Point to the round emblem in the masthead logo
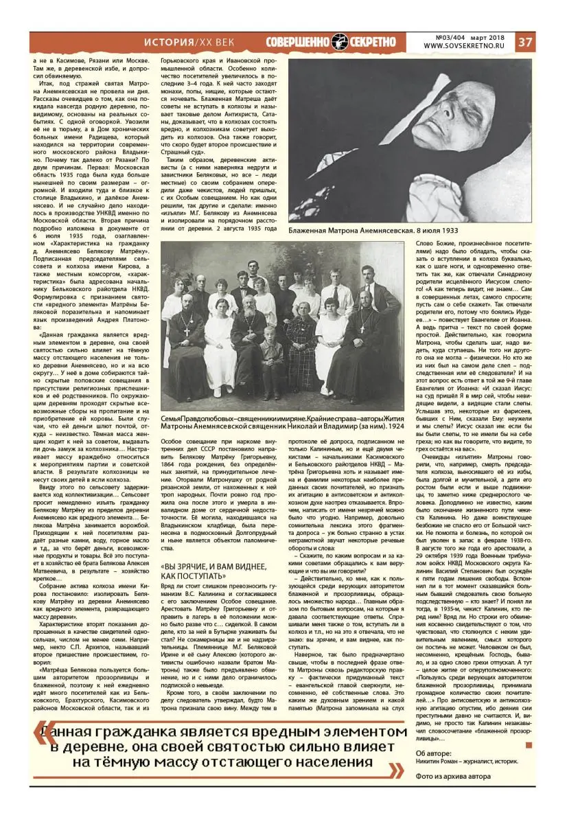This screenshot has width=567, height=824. coord(339,42)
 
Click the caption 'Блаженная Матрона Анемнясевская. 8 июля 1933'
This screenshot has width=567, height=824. coord(373,230)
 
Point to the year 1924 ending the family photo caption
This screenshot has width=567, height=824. coord(395,426)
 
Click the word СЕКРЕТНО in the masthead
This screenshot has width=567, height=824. coord(371,42)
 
